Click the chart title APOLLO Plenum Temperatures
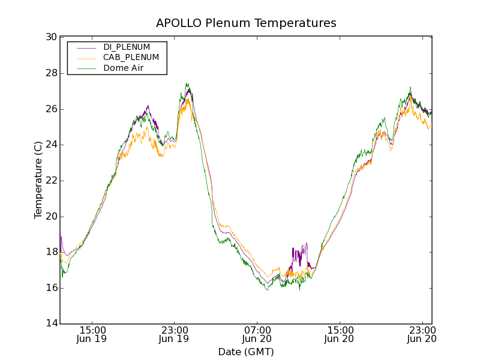[x=246, y=23]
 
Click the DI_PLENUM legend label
[x=127, y=47]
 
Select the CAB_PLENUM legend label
[x=131, y=58]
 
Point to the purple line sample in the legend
[x=86, y=47]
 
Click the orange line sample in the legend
[x=86, y=58]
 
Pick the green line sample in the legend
[x=86, y=68]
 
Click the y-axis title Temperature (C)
[x=38, y=180]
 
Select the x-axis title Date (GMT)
[x=246, y=352]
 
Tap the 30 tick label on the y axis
[x=52, y=37]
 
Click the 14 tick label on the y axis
[x=52, y=324]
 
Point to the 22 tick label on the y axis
[x=52, y=181]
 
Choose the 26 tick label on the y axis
[x=52, y=109]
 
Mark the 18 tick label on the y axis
[x=52, y=252]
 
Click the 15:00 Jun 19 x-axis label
[x=92, y=334]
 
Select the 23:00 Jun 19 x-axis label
[x=174, y=334]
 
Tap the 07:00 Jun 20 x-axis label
[x=257, y=334]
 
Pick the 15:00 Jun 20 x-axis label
[x=340, y=334]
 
